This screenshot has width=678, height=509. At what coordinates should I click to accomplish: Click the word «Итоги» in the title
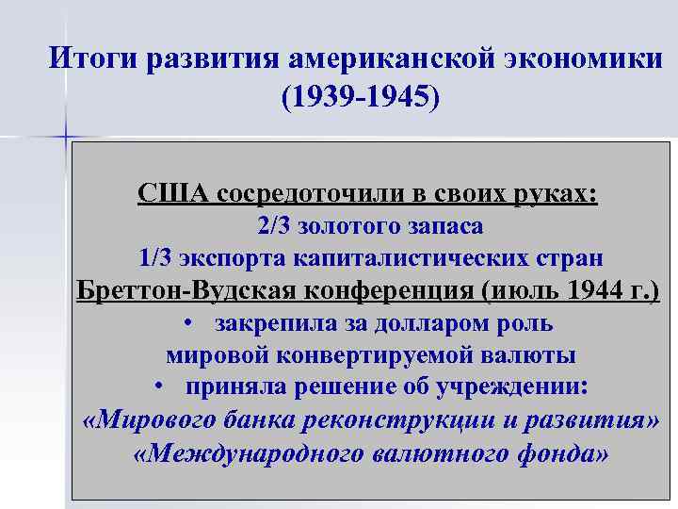coord(91,59)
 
